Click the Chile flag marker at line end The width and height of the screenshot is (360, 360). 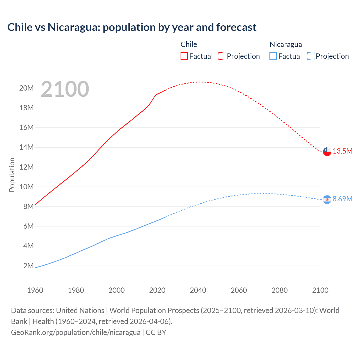[327, 152]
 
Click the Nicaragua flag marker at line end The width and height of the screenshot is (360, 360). [327, 199]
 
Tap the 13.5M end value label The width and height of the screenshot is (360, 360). [343, 151]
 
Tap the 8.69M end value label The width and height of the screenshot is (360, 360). [343, 199]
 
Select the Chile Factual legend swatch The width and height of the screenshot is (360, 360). [184, 56]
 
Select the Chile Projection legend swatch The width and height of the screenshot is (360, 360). [222, 56]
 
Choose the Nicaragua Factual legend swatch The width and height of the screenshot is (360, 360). [273, 56]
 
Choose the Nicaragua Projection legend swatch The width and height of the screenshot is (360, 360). [310, 56]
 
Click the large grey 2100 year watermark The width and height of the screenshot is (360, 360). [65, 89]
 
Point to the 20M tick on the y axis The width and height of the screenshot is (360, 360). [26, 88]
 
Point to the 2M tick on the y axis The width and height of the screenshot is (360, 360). [28, 266]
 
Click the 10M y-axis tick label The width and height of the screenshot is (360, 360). [26, 187]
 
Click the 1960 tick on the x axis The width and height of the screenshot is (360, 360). [35, 290]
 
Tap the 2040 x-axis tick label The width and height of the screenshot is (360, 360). [198, 290]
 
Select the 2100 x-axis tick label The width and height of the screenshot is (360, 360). [320, 290]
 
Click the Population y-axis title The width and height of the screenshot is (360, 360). [12, 175]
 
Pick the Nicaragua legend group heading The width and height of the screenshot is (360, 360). [286, 44]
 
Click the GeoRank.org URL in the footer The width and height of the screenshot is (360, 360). [76, 332]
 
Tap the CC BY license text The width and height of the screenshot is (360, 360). [156, 332]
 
